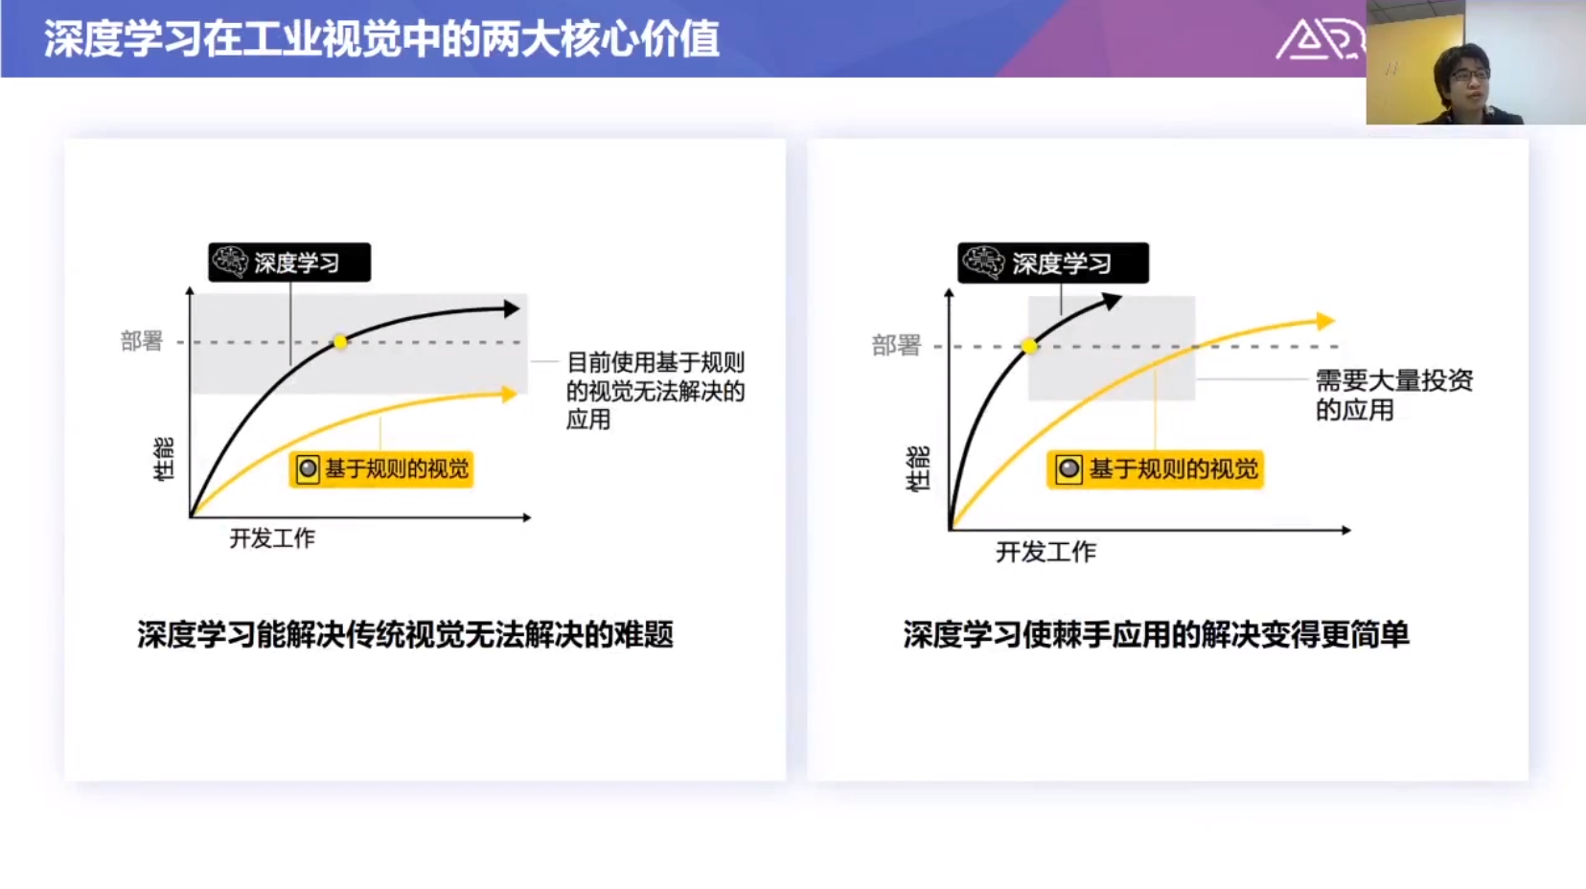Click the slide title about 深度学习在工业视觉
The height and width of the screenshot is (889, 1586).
pyautogui.click(x=381, y=38)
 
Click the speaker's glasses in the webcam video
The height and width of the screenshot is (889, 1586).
pyautogui.click(x=1468, y=75)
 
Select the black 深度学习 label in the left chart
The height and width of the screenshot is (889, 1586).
pyautogui.click(x=288, y=262)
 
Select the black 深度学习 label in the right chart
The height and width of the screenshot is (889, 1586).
pyautogui.click(x=1053, y=263)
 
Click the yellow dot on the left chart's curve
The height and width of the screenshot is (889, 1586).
pyautogui.click(x=340, y=343)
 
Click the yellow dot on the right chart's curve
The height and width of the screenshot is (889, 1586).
pyautogui.click(x=1030, y=346)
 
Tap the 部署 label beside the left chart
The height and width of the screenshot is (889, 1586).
pyautogui.click(x=142, y=341)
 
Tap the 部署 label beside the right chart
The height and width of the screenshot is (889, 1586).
pyautogui.click(x=896, y=346)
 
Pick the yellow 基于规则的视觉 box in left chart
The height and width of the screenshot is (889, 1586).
pyautogui.click(x=381, y=468)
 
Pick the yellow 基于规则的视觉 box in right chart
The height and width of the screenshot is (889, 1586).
pyautogui.click(x=1156, y=469)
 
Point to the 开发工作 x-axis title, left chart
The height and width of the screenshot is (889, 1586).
pyautogui.click(x=272, y=538)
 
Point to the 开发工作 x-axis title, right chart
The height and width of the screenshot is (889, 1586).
pyautogui.click(x=1046, y=552)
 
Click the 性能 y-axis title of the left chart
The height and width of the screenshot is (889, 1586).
pyautogui.click(x=164, y=460)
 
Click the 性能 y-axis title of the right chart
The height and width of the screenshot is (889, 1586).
pyautogui.click(x=918, y=468)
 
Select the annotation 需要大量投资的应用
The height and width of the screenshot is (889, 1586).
pyautogui.click(x=1394, y=395)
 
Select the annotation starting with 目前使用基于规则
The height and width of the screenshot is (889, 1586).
pyautogui.click(x=655, y=391)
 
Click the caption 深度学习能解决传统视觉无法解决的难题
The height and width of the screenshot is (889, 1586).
pyautogui.click(x=405, y=635)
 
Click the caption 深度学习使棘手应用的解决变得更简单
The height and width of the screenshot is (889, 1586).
pyautogui.click(x=1157, y=635)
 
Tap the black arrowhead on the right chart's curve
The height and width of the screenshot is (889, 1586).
pyautogui.click(x=1113, y=302)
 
